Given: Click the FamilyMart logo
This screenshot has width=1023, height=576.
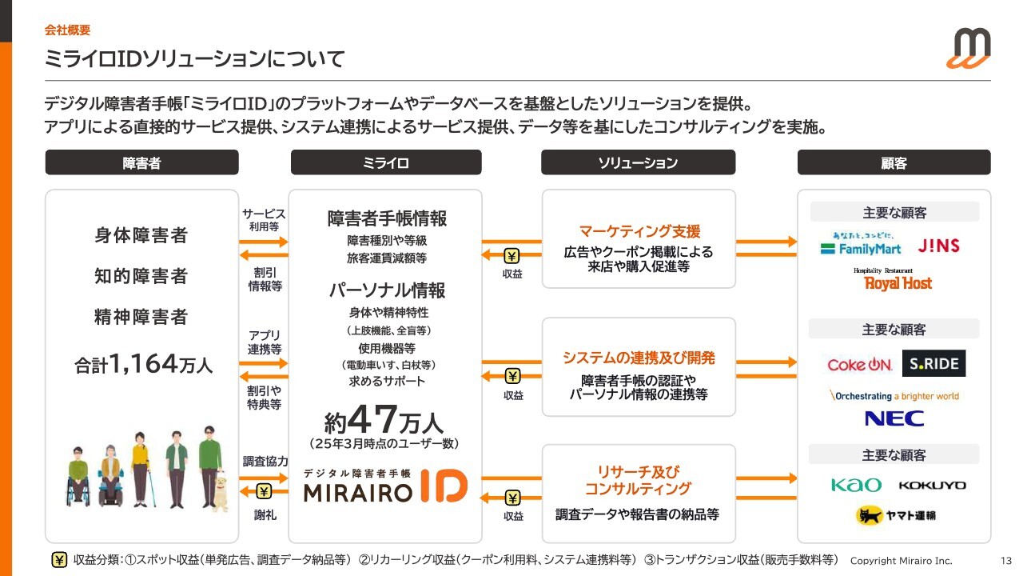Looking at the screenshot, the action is point(861,244).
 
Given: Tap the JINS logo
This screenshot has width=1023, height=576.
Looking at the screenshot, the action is point(938,246).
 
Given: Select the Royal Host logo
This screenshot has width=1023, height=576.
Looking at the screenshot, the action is point(894,279).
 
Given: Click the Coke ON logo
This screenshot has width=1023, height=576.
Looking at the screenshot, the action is point(859,364).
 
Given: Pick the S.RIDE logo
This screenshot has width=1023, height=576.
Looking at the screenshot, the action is point(933,363).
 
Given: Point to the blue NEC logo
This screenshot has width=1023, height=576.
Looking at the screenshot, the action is point(894,418).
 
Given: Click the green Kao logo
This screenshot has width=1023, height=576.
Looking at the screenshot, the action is point(856,485).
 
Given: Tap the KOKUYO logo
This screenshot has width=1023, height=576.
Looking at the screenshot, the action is point(932,485).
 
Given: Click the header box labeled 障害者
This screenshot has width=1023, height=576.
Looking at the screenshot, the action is point(141,162).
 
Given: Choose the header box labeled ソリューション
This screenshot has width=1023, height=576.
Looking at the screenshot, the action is point(638,162).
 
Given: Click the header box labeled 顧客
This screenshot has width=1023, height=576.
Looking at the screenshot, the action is point(894,162).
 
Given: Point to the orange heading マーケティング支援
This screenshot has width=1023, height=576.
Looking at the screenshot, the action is point(639,231).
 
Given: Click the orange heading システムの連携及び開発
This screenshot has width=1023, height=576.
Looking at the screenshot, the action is point(639,358).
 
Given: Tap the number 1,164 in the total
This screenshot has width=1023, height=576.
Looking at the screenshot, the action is point(143,364).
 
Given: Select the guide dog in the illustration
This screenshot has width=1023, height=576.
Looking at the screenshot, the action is point(221,492).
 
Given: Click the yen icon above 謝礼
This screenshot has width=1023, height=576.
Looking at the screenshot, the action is point(264,491).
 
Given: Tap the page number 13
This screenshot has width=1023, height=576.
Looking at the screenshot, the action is point(1006,561).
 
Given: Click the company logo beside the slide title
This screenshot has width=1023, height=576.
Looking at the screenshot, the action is point(968,48).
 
